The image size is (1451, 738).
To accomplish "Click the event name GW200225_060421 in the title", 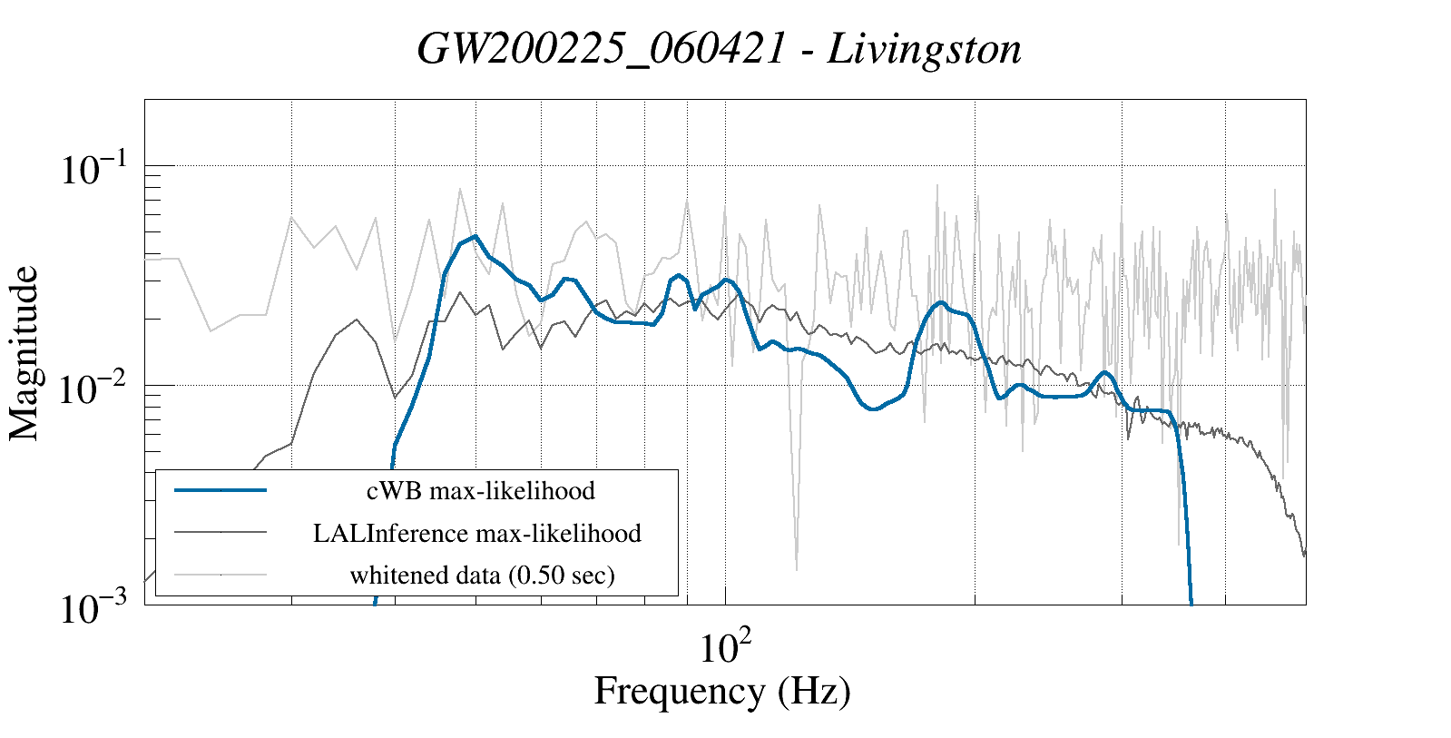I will coord(601,48).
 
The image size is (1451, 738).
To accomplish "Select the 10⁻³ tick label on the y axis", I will coord(95,608).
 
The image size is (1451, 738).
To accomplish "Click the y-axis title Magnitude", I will coord(25,354).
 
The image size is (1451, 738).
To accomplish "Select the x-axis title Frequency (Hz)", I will coord(722,691).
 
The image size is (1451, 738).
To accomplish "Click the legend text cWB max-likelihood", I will coord(480,490).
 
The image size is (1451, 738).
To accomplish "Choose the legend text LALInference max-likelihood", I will coord(477,533).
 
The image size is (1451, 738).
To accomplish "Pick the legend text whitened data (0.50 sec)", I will coord(482,575).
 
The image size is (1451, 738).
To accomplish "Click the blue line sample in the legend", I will coord(221,490).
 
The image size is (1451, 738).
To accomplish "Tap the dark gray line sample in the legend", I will coord(221,533).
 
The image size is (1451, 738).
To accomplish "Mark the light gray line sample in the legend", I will coord(221,575).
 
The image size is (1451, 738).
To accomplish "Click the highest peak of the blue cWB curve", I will coord(475,236).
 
